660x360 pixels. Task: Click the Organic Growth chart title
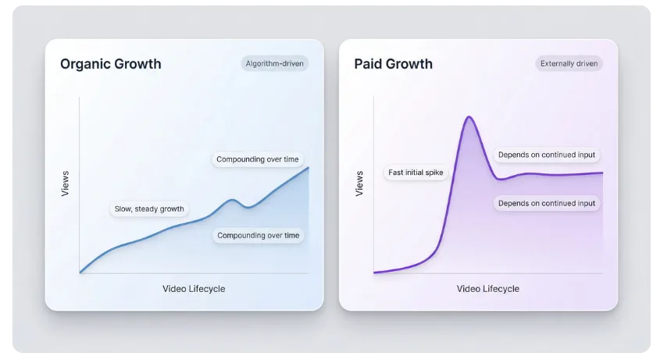click(111, 64)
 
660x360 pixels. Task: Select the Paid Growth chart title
click(393, 64)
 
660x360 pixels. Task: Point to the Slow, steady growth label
click(148, 209)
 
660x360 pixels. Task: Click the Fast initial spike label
click(416, 173)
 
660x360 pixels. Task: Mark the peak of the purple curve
click(469, 117)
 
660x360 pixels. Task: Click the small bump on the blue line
click(233, 200)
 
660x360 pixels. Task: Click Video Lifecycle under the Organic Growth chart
click(194, 289)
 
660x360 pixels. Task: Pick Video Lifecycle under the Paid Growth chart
click(488, 289)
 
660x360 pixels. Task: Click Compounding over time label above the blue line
click(258, 159)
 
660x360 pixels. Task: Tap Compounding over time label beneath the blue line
click(258, 235)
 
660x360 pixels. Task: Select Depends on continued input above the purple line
click(547, 155)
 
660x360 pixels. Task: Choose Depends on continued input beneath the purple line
click(547, 203)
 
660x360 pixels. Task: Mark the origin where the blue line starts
click(80, 273)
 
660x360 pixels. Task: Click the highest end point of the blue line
click(309, 167)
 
